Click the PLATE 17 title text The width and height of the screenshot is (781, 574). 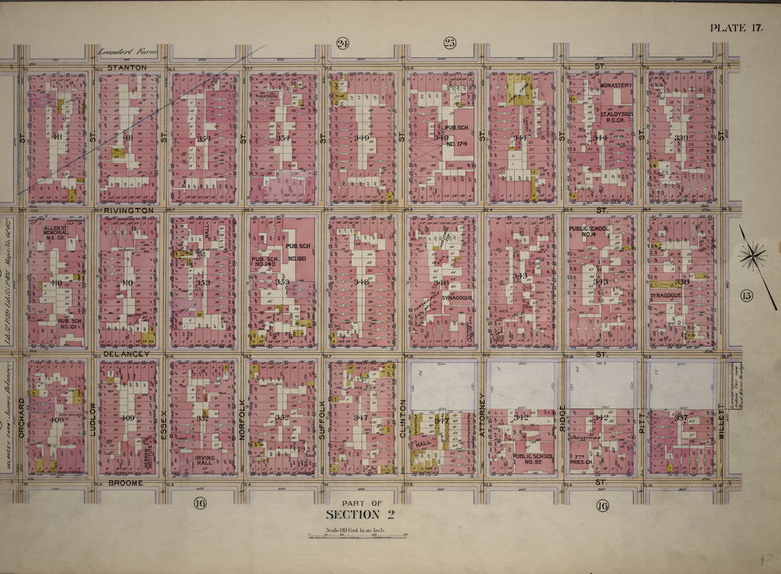(736, 28)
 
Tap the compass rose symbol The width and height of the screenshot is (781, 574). (754, 255)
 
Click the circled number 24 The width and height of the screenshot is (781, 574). (342, 43)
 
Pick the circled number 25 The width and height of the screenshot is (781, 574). (449, 43)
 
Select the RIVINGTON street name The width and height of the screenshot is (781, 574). (124, 209)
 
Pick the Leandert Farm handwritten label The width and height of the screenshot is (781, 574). (127, 52)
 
